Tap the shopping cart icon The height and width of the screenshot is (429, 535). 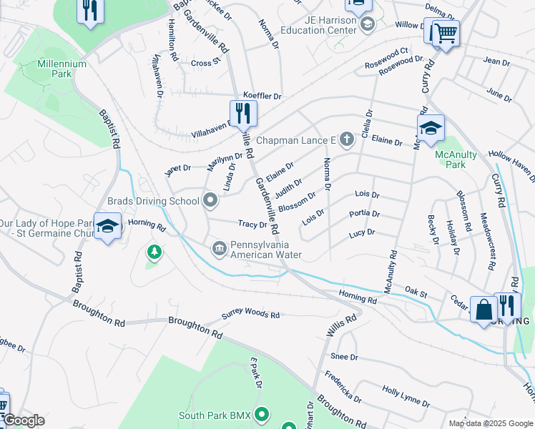click(x=445, y=32)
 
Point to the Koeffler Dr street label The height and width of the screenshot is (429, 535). click(x=262, y=96)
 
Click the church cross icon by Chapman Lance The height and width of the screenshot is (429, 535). click(x=347, y=139)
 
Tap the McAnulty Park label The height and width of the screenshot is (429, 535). click(x=451, y=159)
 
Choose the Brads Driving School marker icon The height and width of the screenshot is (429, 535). click(x=210, y=201)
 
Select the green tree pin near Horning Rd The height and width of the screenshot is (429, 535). click(x=153, y=252)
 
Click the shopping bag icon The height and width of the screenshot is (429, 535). click(x=484, y=310)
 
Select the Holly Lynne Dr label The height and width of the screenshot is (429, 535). click(x=406, y=397)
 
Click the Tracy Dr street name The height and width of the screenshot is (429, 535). click(x=252, y=225)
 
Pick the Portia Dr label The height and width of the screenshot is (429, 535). click(x=364, y=214)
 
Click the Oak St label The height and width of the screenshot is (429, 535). click(x=416, y=292)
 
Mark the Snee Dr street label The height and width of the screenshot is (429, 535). click(x=344, y=356)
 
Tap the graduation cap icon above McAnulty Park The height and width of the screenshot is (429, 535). click(x=431, y=128)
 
